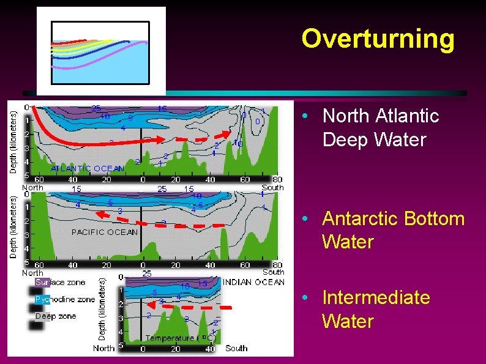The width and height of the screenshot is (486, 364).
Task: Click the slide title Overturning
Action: [x=378, y=39]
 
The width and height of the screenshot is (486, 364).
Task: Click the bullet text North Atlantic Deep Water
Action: [x=380, y=128]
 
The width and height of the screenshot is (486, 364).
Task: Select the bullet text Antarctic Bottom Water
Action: [x=393, y=230]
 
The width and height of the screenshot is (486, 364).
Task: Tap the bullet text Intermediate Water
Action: [x=376, y=309]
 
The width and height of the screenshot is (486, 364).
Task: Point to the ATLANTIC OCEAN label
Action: [x=87, y=168]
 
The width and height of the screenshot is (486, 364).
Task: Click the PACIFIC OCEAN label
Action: [x=105, y=232]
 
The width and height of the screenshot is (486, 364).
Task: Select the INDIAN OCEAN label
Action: [x=253, y=282]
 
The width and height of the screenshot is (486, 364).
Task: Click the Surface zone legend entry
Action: [x=60, y=283]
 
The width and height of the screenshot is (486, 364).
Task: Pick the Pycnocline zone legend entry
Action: [x=64, y=299]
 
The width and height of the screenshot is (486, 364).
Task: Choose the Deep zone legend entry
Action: [x=56, y=316]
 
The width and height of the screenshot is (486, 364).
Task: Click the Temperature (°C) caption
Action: [x=181, y=338]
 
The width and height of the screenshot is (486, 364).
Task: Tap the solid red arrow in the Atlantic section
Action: [x=92, y=138]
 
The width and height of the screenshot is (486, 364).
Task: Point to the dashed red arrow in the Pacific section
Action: [x=162, y=221]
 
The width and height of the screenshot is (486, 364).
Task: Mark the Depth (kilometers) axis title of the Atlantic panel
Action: [x=13, y=141]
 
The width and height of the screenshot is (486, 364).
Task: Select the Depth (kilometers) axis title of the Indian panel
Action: [x=102, y=309]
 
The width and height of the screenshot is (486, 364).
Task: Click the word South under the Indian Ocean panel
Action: [x=236, y=347]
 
